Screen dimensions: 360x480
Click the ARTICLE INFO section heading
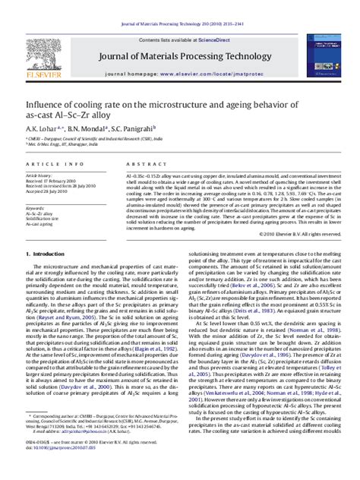click(x=47, y=164)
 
